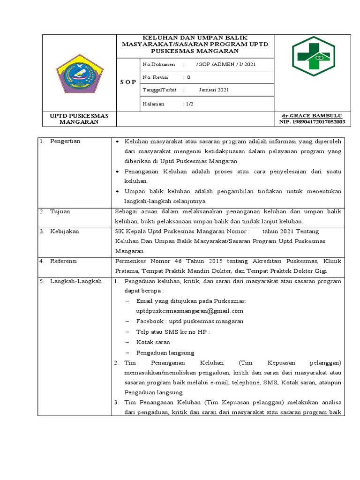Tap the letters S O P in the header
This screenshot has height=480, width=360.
coord(127,82)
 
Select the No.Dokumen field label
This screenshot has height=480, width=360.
coord(158,64)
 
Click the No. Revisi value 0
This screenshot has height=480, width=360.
coord(188,77)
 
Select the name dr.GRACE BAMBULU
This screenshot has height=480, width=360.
coord(311,115)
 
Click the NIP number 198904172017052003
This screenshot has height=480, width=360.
coord(312,122)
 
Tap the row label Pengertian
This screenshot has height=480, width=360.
coord(65,141)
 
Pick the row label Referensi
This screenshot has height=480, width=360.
coord(64,261)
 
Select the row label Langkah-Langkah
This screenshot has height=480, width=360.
coord(76,281)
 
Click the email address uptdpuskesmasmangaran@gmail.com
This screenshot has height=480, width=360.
coord(190,311)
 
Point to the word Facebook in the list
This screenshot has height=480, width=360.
coord(150,321)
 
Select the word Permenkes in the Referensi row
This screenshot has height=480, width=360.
coord(129,261)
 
